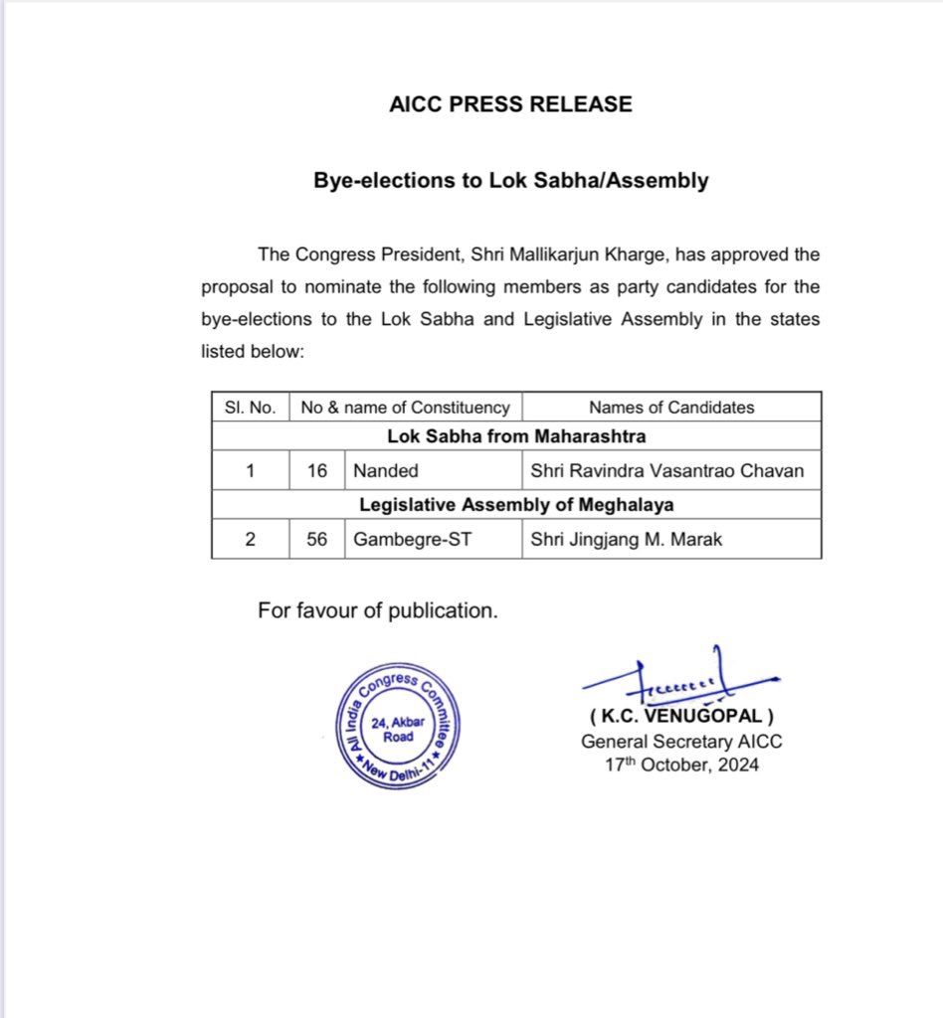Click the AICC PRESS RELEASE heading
510,103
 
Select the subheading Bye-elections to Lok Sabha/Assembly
511,181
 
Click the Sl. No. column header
250,407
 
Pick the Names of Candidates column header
671,407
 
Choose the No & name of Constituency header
405,407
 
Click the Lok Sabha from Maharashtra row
515,435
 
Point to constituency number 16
316,470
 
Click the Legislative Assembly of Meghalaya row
515,504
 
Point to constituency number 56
316,541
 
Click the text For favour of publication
377,610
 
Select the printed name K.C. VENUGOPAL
680,716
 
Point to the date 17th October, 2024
681,764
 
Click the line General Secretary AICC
681,741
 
